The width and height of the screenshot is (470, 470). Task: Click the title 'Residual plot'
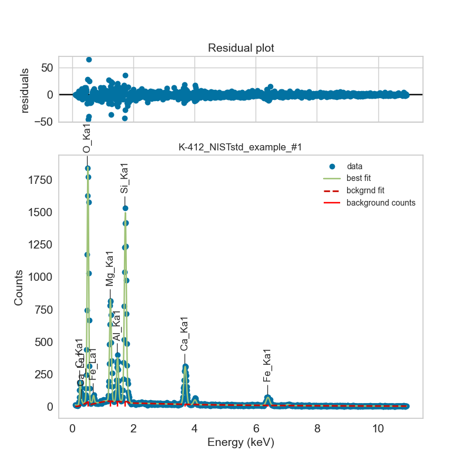(241, 48)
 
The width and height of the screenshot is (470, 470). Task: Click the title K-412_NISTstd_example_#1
(240, 147)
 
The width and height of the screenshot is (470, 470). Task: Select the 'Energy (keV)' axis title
(241, 442)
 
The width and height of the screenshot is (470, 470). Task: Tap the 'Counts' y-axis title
(19, 287)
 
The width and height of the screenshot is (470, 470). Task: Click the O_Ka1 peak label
(87, 139)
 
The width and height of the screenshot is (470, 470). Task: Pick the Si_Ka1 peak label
(125, 178)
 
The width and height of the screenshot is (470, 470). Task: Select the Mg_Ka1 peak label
(110, 268)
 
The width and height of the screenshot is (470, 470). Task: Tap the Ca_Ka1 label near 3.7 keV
(184, 334)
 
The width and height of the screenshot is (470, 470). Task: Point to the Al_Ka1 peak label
(117, 326)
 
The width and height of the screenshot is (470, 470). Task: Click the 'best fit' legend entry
(358, 178)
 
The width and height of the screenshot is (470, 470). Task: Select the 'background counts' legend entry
(381, 203)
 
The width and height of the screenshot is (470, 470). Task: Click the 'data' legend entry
(354, 166)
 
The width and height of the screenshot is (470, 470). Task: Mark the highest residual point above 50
(89, 59)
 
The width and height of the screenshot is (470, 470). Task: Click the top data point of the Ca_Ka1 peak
(185, 367)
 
